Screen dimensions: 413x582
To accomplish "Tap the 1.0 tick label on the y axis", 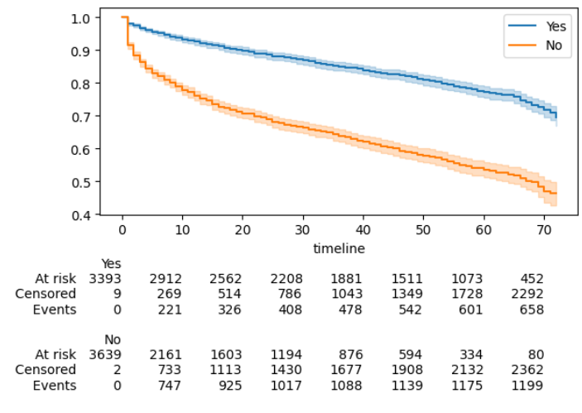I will tap(81, 17).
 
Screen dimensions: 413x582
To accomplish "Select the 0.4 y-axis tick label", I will tap(81, 215).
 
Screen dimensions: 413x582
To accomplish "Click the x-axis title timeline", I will tap(339, 247).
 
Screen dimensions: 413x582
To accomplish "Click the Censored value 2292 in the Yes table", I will tap(527, 294).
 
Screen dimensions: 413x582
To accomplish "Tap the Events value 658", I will tap(531, 310).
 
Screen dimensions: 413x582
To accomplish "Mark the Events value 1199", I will tap(527, 386).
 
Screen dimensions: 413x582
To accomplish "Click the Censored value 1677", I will tap(346, 370).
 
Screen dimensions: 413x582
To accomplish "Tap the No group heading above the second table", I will tap(112, 339).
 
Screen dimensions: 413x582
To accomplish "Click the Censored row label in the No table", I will tap(46, 370).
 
